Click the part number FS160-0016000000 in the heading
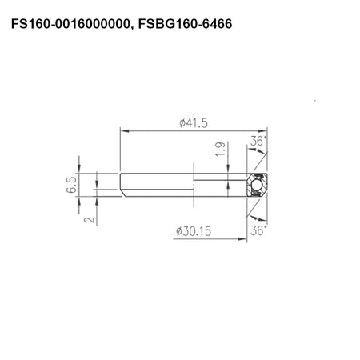(x=70, y=24)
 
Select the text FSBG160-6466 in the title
(x=185, y=24)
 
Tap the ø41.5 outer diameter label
(x=194, y=123)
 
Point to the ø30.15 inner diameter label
(x=194, y=231)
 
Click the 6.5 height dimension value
(x=71, y=185)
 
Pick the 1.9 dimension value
(x=220, y=149)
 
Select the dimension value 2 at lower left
(x=89, y=220)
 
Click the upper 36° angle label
(x=258, y=141)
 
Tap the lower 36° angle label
(x=258, y=230)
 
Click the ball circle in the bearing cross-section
(x=257, y=185)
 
